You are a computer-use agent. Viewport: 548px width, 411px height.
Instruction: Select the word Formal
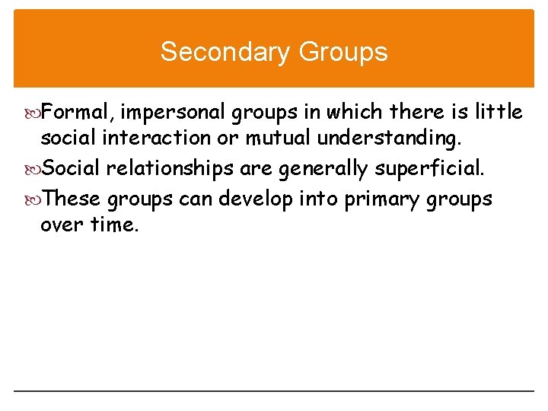click(78, 113)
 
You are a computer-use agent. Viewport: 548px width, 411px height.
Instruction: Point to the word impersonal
click(183, 113)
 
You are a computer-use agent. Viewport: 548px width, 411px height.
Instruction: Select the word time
click(116, 226)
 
